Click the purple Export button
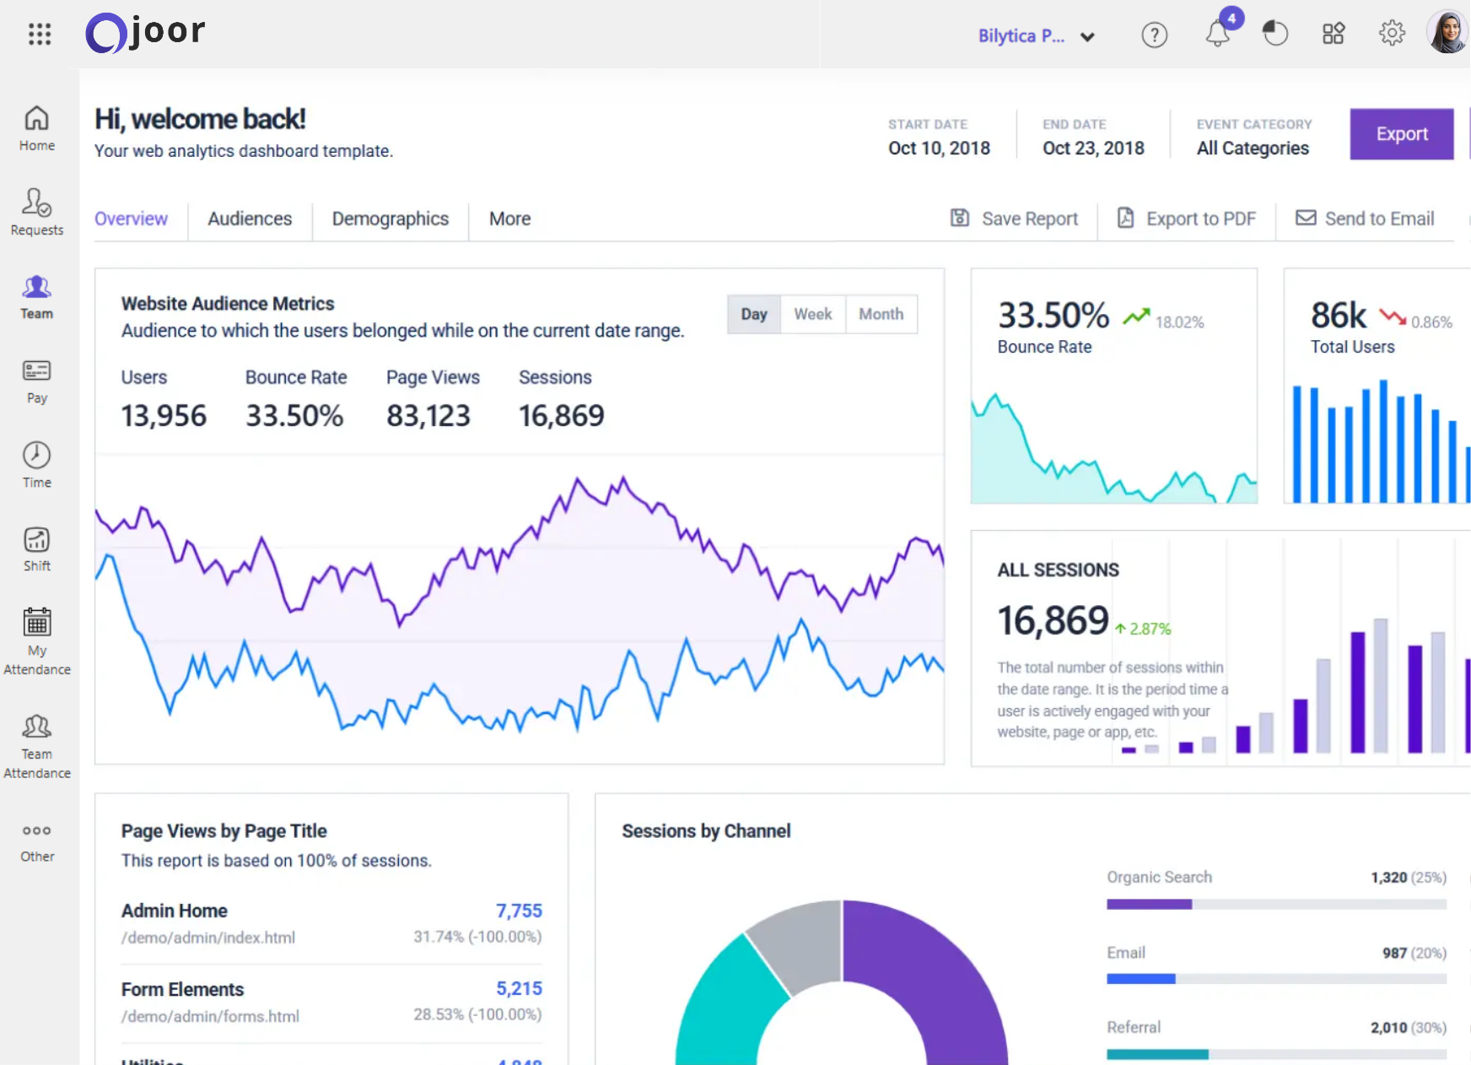click(x=1401, y=134)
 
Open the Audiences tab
click(x=250, y=219)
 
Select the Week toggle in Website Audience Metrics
click(x=812, y=314)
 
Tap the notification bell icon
click(x=1217, y=35)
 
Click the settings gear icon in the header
click(x=1392, y=34)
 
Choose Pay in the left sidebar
click(x=37, y=381)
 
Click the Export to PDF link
click(x=1187, y=219)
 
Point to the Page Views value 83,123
click(x=428, y=415)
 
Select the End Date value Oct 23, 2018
click(x=1093, y=148)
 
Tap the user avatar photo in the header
click(x=1447, y=33)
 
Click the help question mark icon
click(x=1154, y=35)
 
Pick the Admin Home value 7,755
click(x=519, y=911)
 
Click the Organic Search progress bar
click(x=1276, y=904)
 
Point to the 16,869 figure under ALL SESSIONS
click(x=1053, y=620)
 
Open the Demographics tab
click(x=390, y=219)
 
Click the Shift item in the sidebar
click(x=37, y=549)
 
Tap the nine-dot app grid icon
click(x=40, y=34)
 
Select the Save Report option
click(x=1015, y=219)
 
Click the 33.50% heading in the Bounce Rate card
click(x=1053, y=316)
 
